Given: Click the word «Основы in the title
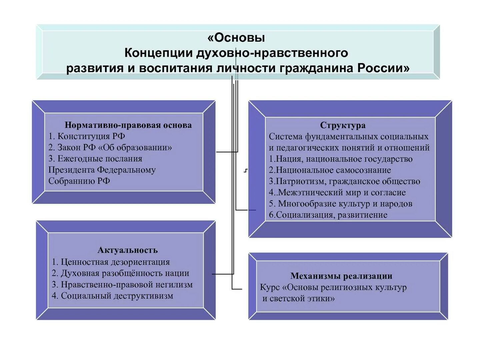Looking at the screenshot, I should [x=236, y=38].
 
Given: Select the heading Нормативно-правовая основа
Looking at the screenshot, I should [x=128, y=125].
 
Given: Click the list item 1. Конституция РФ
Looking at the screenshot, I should [x=87, y=136].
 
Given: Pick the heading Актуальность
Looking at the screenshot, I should [x=128, y=250].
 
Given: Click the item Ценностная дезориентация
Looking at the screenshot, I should [x=111, y=262].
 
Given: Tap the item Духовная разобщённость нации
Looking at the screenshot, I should [x=120, y=273].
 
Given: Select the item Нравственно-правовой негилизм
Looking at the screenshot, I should [x=122, y=285].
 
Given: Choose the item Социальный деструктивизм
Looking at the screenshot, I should [x=112, y=296].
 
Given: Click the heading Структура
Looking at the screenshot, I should [x=343, y=125].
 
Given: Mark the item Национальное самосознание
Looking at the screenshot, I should [x=330, y=170].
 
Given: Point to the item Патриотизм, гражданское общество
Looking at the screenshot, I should [x=344, y=181].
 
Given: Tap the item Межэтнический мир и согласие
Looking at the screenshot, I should [x=337, y=192].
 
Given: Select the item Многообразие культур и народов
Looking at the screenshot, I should [x=341, y=204].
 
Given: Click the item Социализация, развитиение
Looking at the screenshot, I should [x=328, y=215].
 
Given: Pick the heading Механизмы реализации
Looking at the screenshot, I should [x=341, y=276].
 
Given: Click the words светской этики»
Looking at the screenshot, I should [x=298, y=298].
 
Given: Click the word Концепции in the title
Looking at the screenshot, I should [x=159, y=53].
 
